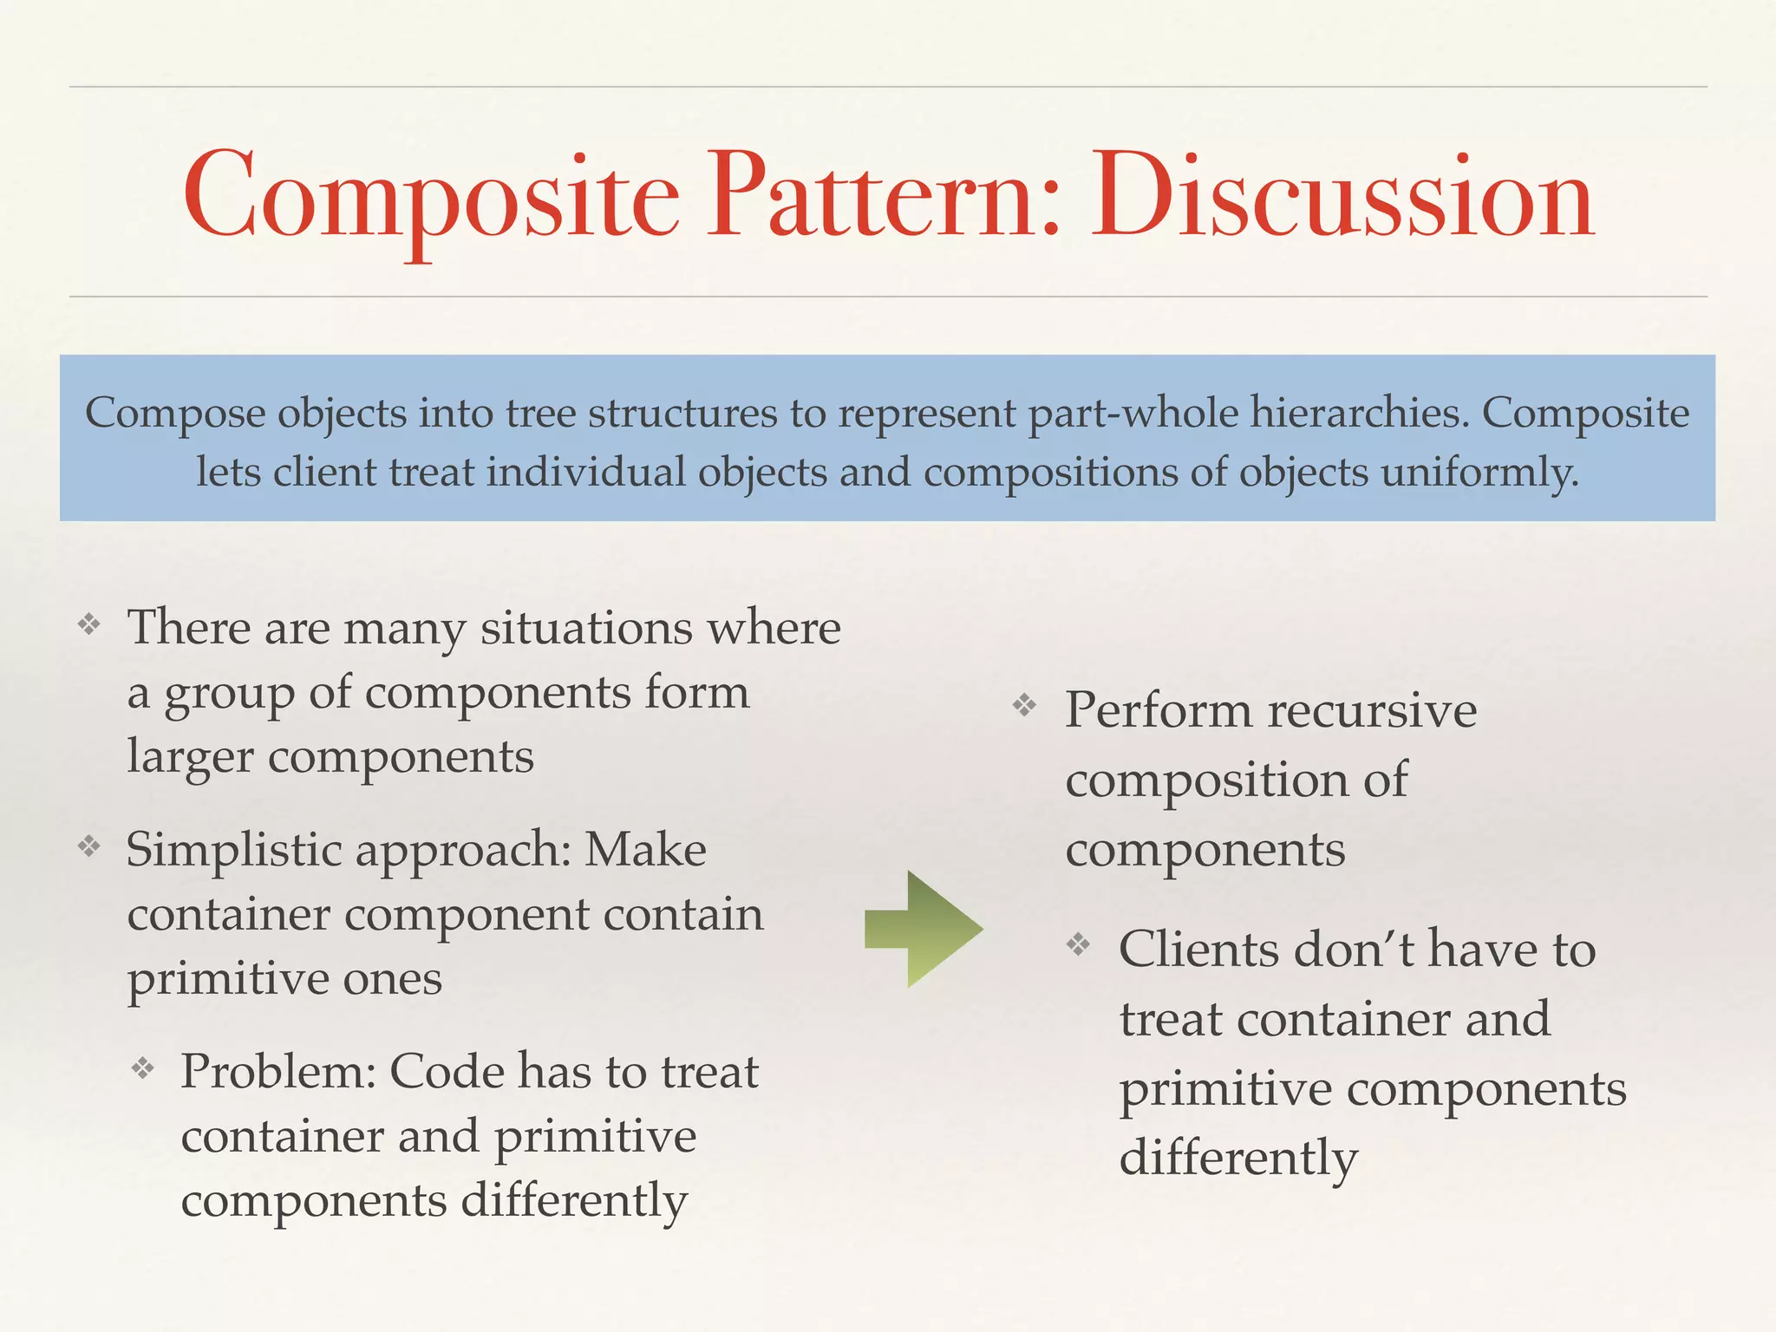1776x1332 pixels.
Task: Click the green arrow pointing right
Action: pos(924,929)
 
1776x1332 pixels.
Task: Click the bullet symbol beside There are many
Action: pos(89,624)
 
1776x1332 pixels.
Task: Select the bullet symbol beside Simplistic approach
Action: pos(89,846)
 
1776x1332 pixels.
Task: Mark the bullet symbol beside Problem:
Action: pos(143,1068)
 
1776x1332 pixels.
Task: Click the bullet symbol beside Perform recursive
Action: pos(1025,706)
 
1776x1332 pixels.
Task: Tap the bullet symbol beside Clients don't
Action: pos(1079,944)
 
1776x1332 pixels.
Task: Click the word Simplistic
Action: pos(234,850)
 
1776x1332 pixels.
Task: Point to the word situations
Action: pos(586,628)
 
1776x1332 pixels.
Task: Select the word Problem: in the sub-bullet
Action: pos(278,1072)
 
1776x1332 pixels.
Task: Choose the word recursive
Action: pos(1372,711)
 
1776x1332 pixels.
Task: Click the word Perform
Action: pos(1159,711)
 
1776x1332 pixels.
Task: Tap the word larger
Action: pos(190,757)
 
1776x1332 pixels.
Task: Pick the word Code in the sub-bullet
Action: pos(447,1072)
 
